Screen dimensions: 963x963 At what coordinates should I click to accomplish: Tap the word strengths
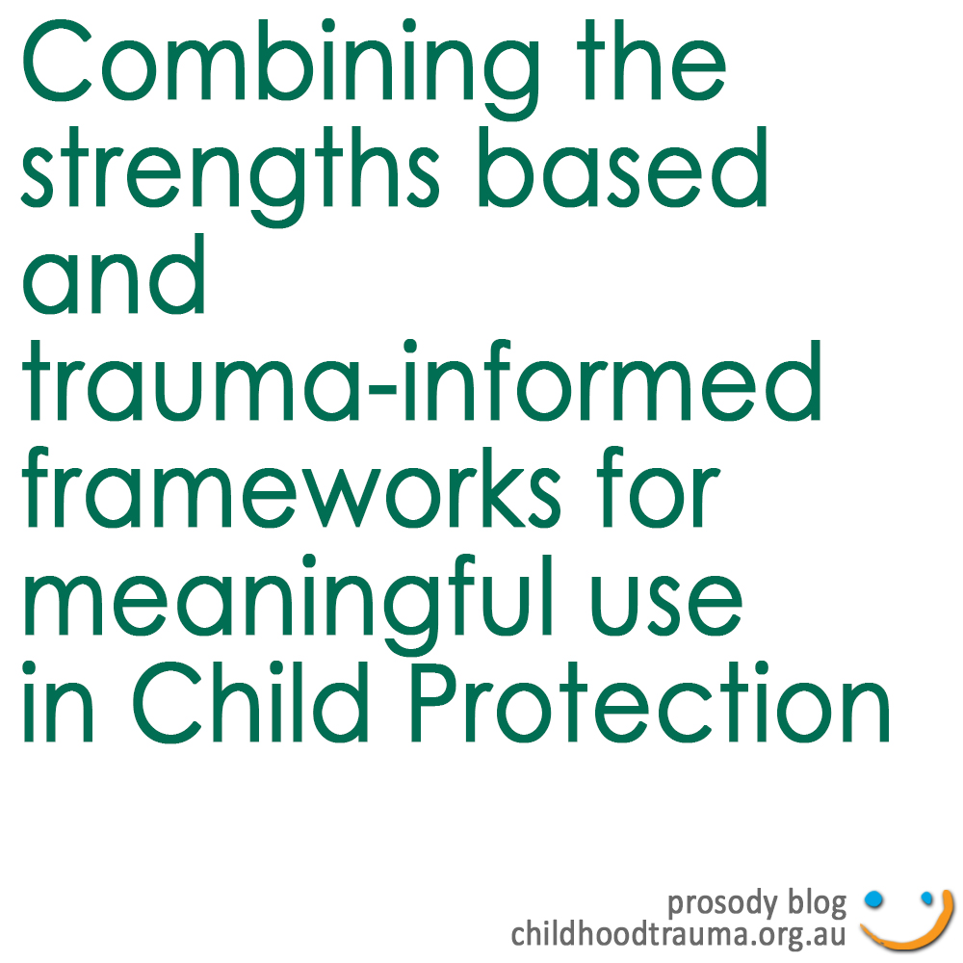(x=230, y=176)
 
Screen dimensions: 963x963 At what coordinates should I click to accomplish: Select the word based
(x=623, y=167)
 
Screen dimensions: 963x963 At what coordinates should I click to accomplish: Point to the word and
(x=114, y=273)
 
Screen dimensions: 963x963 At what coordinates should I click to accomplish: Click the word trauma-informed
(x=422, y=380)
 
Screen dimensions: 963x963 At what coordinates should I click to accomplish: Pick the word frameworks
(x=291, y=487)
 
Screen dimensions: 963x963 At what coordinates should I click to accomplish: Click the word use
(x=666, y=605)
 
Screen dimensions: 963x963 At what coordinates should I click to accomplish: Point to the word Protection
(x=650, y=701)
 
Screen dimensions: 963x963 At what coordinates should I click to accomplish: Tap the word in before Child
(x=58, y=701)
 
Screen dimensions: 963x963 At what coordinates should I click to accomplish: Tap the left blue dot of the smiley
(x=873, y=899)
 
